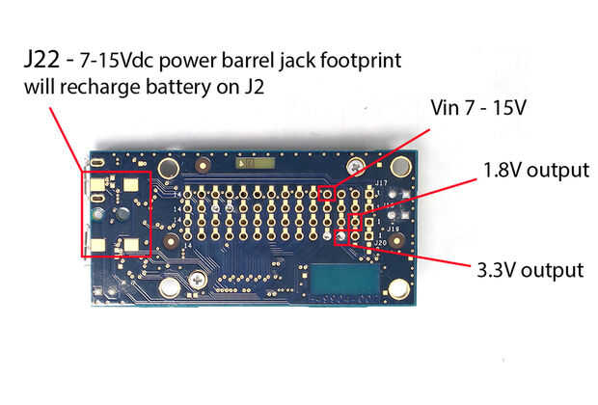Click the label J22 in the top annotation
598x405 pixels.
coord(41,60)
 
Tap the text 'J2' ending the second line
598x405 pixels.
coord(254,87)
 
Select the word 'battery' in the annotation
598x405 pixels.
coord(179,88)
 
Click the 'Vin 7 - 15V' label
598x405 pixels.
coord(478,108)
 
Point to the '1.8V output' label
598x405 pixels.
coord(536,170)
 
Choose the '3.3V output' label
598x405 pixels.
coord(530,270)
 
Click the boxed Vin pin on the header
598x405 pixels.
coord(327,194)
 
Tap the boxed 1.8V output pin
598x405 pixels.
coord(355,221)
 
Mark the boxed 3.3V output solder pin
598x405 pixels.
coord(340,237)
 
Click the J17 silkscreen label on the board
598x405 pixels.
coord(381,183)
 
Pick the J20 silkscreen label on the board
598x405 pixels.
coord(381,243)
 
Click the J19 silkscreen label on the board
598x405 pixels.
coord(393,229)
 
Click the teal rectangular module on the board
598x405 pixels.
coord(344,280)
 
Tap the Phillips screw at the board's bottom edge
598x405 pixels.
coord(199,282)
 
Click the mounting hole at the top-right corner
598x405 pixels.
coord(400,166)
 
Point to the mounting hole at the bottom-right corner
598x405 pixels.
coord(399,288)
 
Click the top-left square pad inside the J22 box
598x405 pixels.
coord(97,185)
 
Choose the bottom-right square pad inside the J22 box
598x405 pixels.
coord(131,245)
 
